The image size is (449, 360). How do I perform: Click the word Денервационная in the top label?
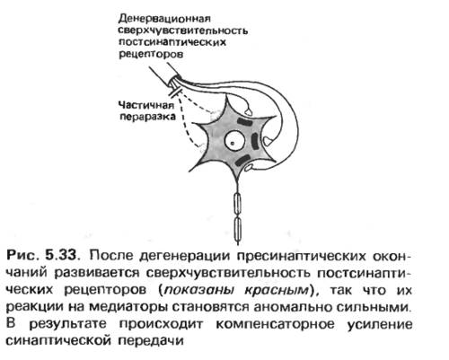[x=164, y=19]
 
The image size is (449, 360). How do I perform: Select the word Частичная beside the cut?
[x=146, y=105]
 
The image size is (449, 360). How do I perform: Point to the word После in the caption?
[x=110, y=256]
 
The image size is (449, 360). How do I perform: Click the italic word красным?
[x=277, y=290]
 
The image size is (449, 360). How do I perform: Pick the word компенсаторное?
[x=275, y=324]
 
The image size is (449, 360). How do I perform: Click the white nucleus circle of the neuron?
[x=234, y=142]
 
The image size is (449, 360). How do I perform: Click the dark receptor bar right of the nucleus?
[x=255, y=141]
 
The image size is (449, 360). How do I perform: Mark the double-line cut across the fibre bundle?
[x=175, y=92]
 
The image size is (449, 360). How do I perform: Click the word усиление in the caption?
[x=380, y=324]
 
